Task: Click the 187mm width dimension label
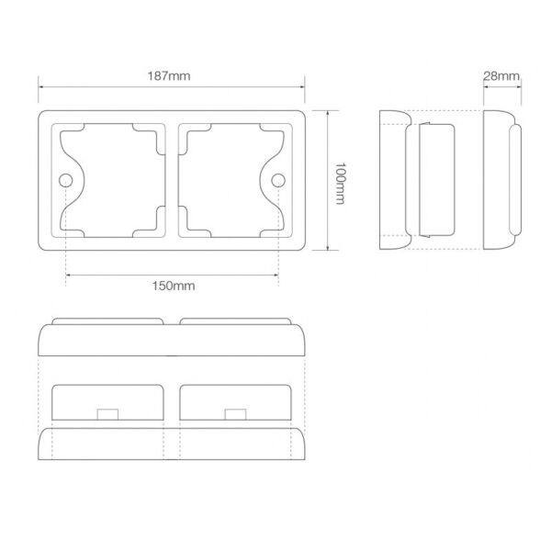(169, 76)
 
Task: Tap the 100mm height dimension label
(340, 183)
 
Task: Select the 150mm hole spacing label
(174, 286)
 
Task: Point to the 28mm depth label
(501, 76)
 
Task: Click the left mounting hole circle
(66, 181)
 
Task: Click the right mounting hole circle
(278, 180)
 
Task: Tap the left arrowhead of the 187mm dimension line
(40, 87)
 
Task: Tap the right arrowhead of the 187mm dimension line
(302, 87)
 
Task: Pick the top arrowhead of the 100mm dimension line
(328, 113)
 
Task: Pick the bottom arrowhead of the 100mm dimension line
(328, 248)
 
